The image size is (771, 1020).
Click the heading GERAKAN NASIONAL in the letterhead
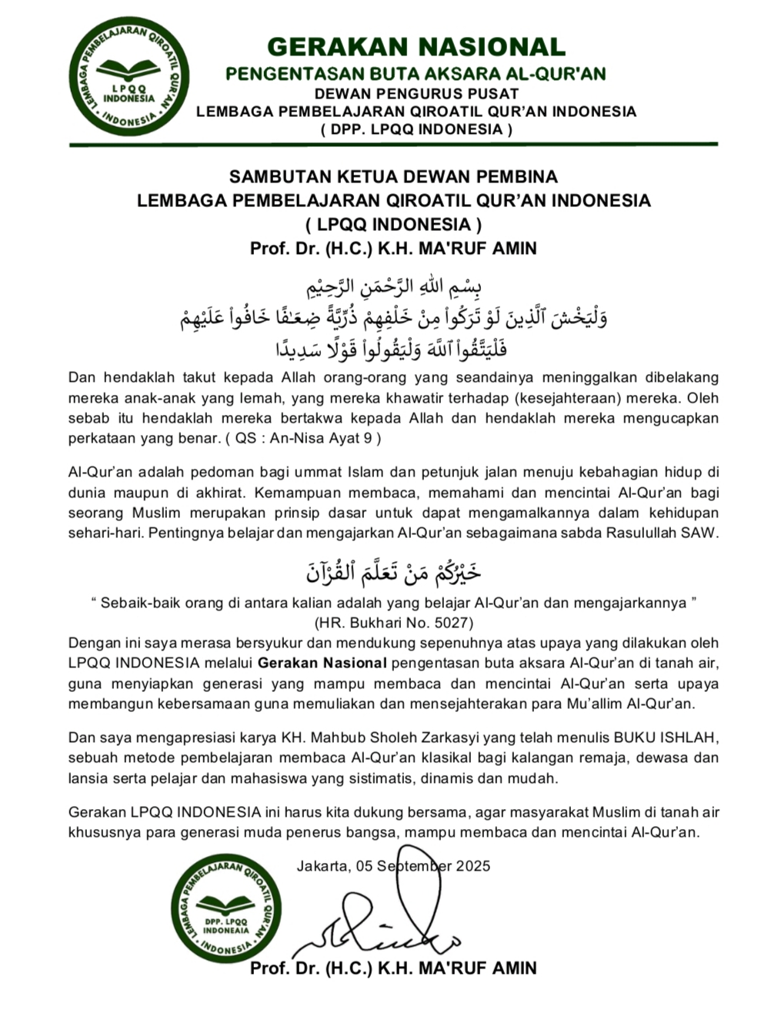416,47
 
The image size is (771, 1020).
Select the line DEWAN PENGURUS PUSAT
416,93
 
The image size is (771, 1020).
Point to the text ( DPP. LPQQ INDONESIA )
416,129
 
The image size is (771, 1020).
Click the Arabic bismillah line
393,287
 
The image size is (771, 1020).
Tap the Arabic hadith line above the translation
393,570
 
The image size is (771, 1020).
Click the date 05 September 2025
423,865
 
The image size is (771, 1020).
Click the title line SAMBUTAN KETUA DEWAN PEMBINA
393,176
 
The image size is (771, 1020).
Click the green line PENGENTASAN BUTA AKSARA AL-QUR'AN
416,74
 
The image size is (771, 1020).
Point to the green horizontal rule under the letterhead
393,144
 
